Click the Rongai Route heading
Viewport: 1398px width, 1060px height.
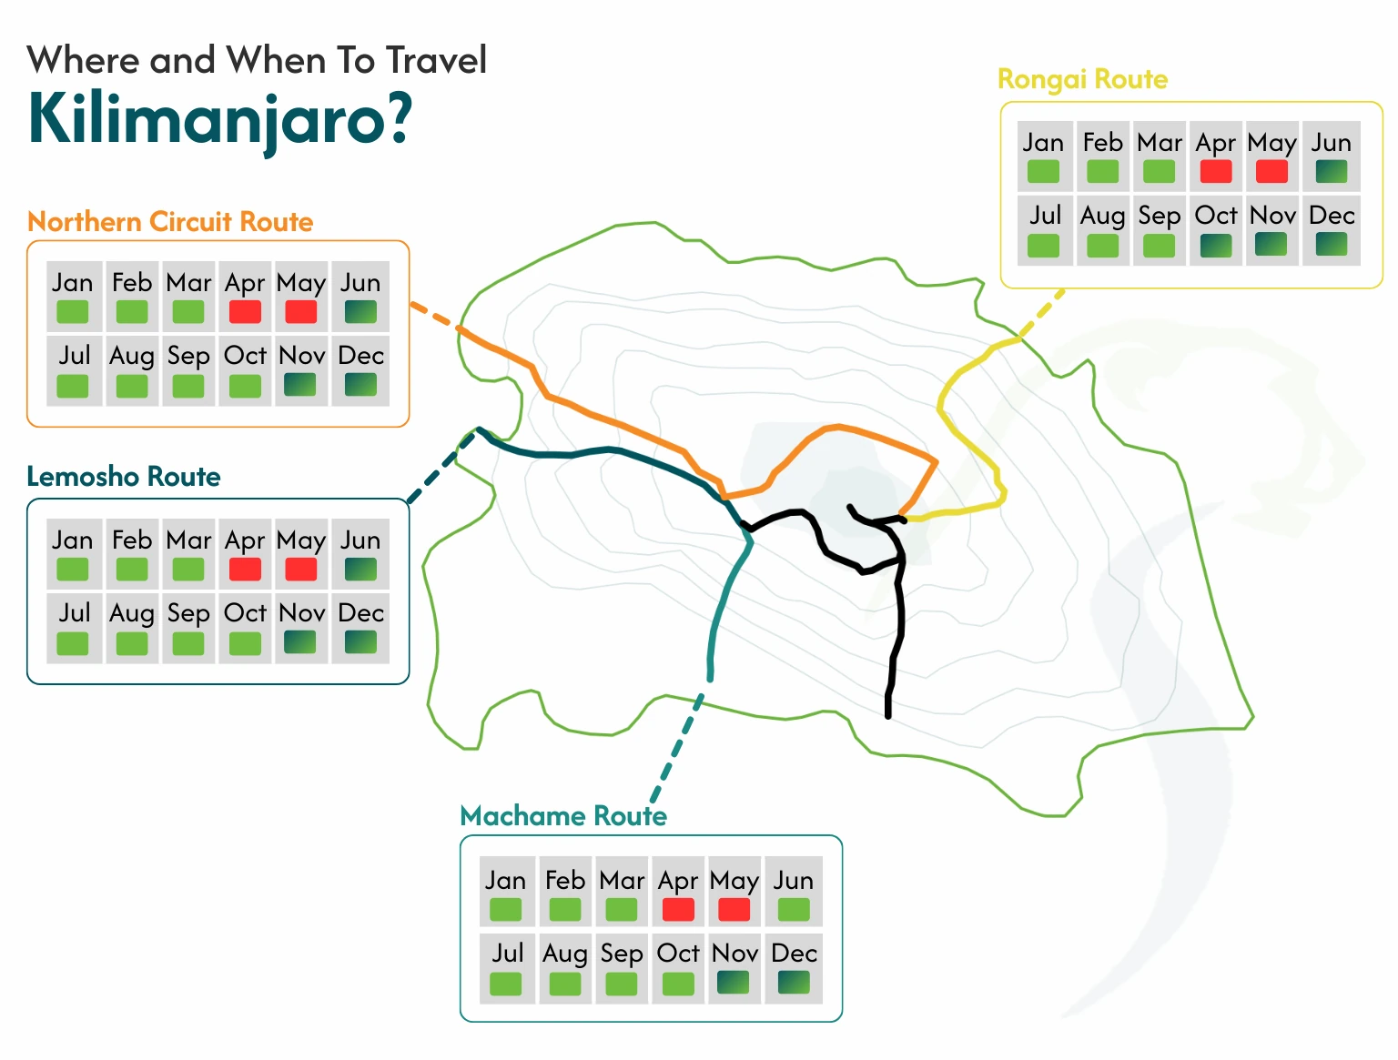tap(1082, 80)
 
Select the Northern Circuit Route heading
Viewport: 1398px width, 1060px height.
tap(170, 222)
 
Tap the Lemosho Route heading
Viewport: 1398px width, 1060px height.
tap(124, 477)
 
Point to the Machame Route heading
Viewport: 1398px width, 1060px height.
tap(563, 816)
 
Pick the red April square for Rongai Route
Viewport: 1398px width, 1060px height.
tap(1215, 171)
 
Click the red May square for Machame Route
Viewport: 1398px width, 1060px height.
tap(734, 909)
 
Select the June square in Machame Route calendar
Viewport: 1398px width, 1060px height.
tap(794, 909)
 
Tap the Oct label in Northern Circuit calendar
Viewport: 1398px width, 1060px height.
tap(245, 356)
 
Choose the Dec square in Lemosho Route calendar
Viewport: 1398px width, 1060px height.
tap(360, 642)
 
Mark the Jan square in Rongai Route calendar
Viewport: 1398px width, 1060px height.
tap(1043, 171)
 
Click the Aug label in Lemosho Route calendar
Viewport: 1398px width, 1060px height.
tap(132, 613)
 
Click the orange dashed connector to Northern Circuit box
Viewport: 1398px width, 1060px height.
tap(433, 315)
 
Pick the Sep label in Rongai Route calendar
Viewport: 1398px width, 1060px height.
tap(1159, 217)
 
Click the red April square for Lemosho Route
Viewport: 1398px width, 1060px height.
tap(245, 570)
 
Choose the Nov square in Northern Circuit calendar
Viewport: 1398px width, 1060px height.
tap(301, 385)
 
